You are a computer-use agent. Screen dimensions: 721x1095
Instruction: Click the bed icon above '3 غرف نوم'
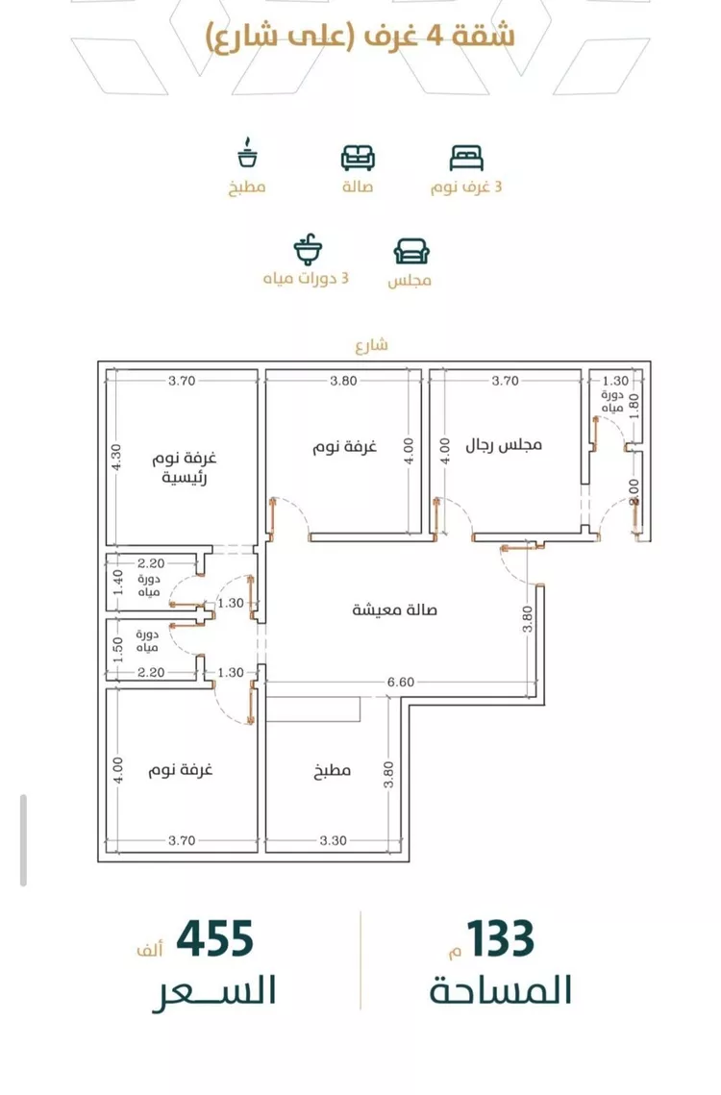point(466,158)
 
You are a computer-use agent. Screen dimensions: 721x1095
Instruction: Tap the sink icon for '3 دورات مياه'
point(308,250)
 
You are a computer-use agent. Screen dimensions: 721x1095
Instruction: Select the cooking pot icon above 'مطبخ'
point(247,154)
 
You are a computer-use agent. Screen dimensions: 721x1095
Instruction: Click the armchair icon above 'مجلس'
point(411,252)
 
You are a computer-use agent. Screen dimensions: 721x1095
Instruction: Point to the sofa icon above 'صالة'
point(358,158)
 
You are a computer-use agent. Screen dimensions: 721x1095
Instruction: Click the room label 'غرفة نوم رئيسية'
point(185,468)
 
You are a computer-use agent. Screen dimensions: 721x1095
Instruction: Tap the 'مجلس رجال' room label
point(504,445)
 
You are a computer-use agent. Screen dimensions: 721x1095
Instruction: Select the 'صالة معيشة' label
point(395,610)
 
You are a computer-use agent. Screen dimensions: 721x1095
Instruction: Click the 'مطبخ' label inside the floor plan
point(332,771)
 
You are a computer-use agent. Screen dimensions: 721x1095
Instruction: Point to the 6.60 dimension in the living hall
point(401,683)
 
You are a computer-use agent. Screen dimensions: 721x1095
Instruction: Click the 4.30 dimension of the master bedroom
point(116,458)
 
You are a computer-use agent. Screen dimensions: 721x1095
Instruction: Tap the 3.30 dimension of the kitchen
point(334,841)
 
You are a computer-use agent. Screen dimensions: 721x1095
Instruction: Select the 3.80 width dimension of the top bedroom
point(344,382)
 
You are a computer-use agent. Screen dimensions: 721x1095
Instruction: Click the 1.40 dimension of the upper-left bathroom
point(118,583)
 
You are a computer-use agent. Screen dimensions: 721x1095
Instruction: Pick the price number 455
point(214,939)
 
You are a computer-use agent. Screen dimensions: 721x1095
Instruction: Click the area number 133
point(501,939)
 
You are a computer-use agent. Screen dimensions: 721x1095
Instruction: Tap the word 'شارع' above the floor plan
point(371,345)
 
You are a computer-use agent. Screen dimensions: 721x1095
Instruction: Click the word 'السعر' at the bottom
point(214,991)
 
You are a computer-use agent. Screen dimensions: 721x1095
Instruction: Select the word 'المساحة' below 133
point(500,990)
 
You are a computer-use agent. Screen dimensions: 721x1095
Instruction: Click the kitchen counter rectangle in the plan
point(313,709)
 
